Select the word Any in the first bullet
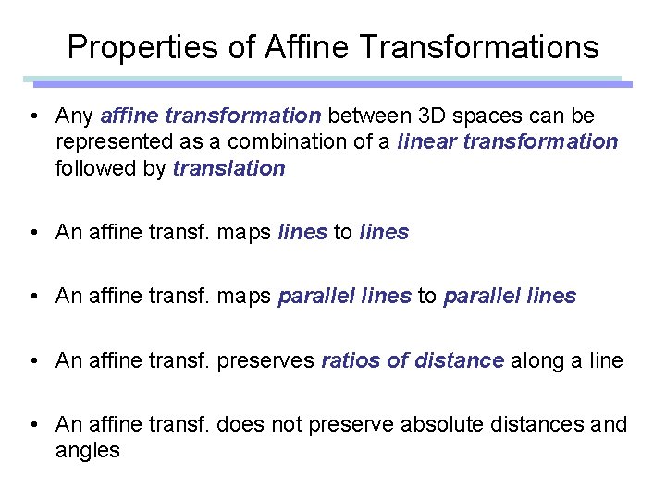[x=74, y=116]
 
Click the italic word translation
[x=229, y=168]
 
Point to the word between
[x=369, y=116]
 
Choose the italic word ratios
[x=351, y=360]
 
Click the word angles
[x=88, y=452]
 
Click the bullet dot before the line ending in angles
[x=32, y=424]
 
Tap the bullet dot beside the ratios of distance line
[x=32, y=360]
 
